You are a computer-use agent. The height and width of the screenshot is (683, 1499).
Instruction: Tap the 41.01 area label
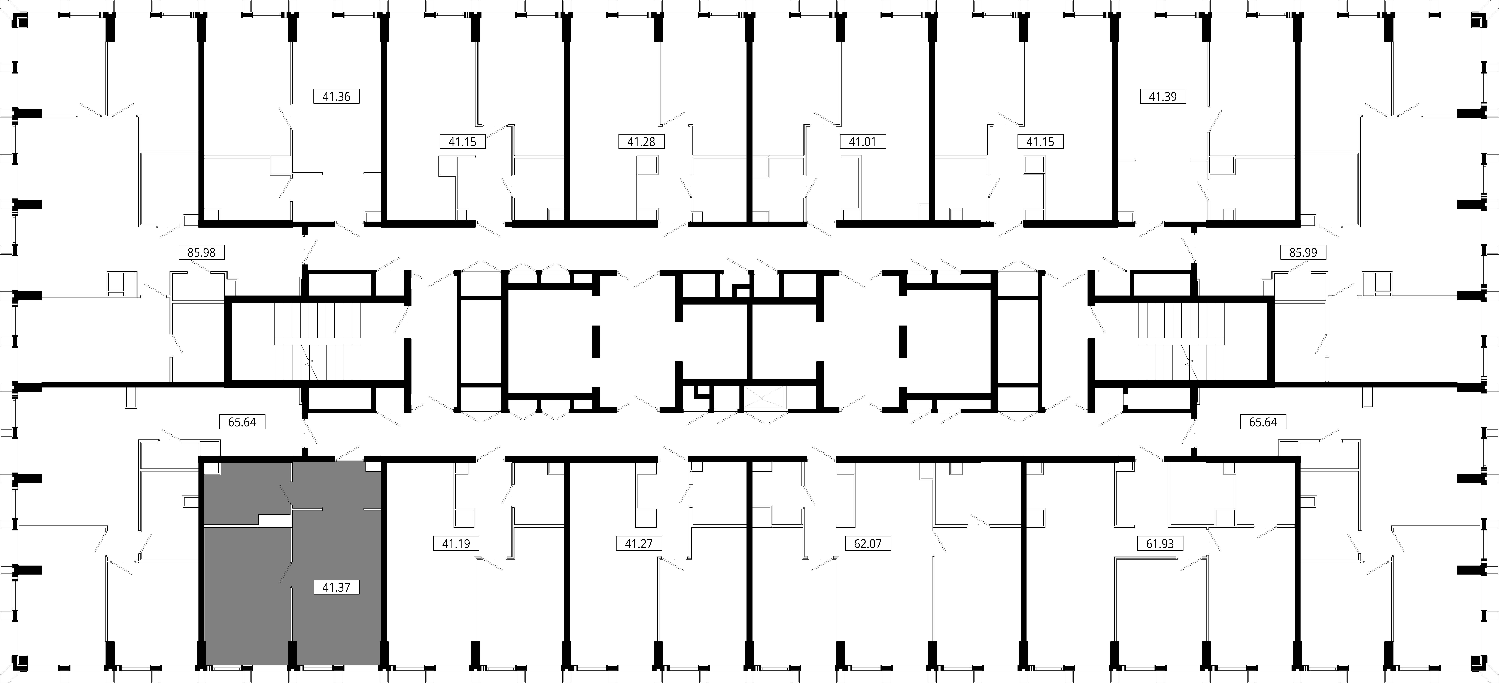[862, 141]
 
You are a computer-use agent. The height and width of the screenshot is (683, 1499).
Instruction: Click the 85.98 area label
[201, 253]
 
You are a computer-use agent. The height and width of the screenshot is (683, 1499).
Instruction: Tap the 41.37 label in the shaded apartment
[336, 587]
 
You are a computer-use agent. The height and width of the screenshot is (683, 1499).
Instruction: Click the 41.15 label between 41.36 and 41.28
[463, 141]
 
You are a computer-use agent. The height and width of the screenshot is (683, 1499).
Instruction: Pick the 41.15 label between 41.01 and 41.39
[1040, 141]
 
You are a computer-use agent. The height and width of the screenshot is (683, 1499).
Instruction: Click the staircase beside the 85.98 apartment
[318, 343]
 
